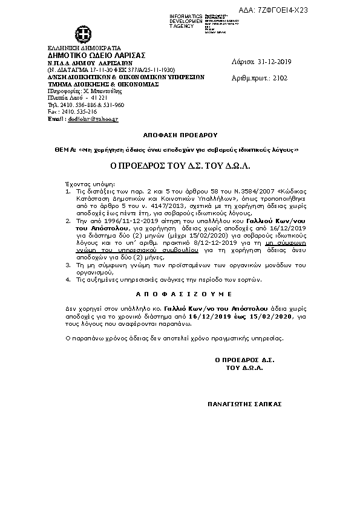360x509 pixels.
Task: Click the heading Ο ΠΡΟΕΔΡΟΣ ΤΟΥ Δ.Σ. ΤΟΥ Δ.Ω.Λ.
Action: pos(180,164)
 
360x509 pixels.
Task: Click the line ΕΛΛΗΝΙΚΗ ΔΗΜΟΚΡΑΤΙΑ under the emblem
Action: pos(84,48)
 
